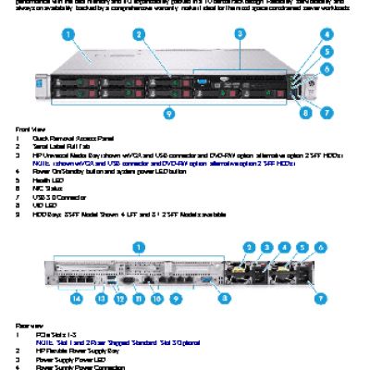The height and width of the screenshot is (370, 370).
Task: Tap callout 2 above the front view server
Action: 138,34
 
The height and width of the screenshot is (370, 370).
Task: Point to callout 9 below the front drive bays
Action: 168,113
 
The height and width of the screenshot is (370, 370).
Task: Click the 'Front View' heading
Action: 29,128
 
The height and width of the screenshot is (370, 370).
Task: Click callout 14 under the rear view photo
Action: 77,298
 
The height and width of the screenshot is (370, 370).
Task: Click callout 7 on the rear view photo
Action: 321,298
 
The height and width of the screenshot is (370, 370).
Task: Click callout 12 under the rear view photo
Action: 117,298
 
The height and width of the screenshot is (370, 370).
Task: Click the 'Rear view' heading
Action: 28,326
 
